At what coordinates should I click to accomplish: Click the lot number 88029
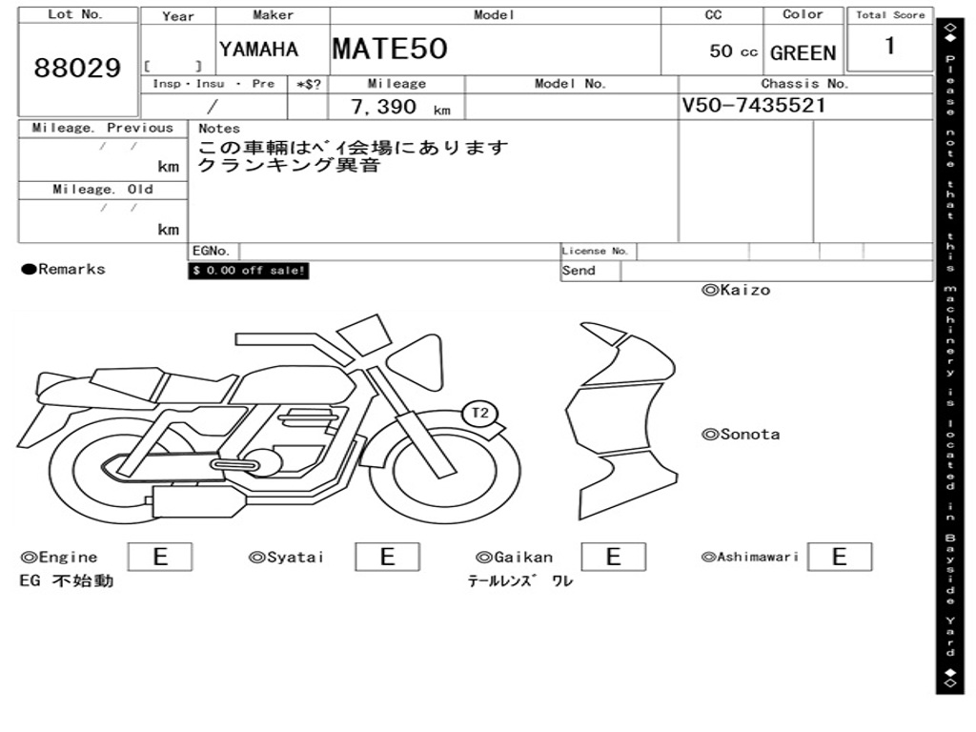[x=77, y=68]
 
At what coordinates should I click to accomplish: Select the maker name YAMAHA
[x=258, y=50]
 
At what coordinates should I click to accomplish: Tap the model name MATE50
[x=390, y=49]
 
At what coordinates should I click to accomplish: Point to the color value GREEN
[x=803, y=53]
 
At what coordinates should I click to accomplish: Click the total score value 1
[x=890, y=46]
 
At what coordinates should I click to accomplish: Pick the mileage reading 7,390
[x=383, y=107]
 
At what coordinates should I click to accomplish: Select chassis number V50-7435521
[x=753, y=105]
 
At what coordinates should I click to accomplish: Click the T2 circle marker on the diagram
[x=480, y=413]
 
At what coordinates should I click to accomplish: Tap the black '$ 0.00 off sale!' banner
[x=249, y=271]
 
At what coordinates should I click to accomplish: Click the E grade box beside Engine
[x=160, y=557]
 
